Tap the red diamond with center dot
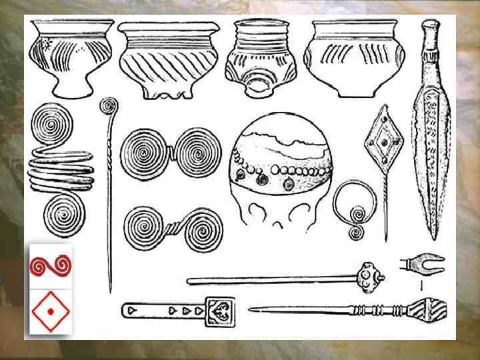tap(51, 311)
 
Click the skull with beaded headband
tap(282, 175)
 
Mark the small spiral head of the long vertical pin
tap(108, 105)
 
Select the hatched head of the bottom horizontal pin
tap(425, 309)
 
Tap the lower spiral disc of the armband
tap(63, 216)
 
